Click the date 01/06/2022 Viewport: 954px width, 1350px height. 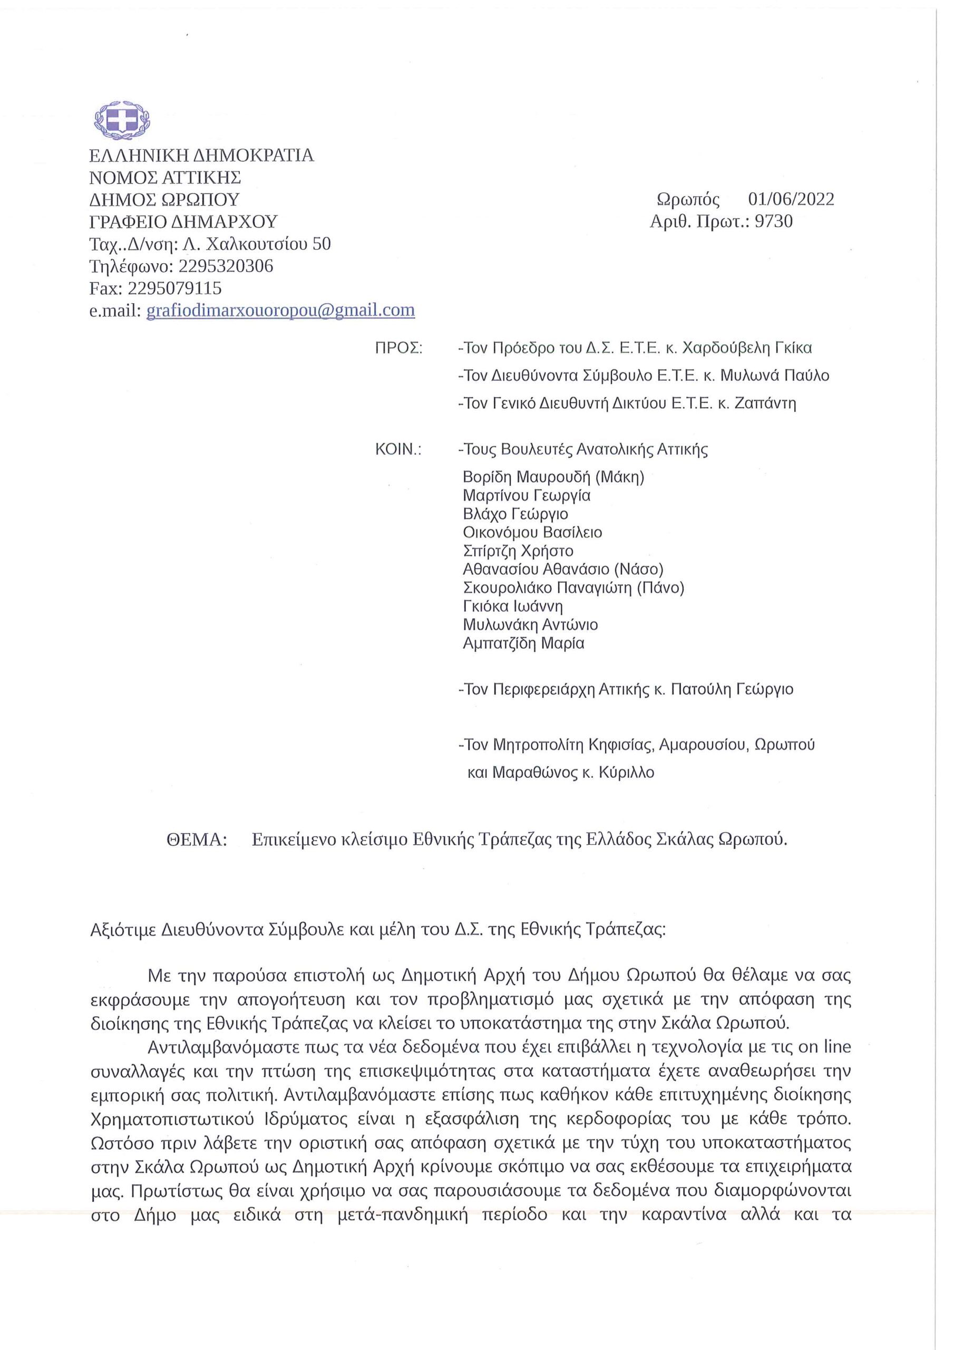pos(791,199)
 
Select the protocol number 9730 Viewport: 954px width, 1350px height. pos(774,221)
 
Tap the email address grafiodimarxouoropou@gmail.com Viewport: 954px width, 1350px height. pos(280,310)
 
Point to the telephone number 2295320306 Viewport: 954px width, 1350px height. pos(226,266)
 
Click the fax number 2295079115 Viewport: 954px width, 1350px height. pos(174,288)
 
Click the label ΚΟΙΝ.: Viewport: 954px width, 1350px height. pos(398,450)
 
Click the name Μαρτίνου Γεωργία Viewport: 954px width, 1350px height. pos(527,496)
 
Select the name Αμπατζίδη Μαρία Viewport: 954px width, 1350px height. pos(524,643)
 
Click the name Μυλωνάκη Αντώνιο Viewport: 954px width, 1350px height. pos(530,624)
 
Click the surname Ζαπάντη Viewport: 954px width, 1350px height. pos(765,403)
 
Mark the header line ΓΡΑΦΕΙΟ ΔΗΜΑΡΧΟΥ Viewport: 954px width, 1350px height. pos(183,221)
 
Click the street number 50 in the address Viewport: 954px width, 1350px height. pos(321,244)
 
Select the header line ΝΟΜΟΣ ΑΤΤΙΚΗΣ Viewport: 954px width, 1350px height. pos(165,178)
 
